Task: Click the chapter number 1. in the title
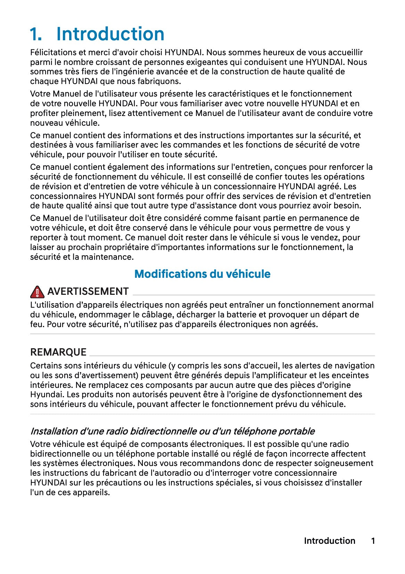(x=36, y=34)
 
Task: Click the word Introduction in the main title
(x=110, y=34)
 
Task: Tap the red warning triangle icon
(x=37, y=292)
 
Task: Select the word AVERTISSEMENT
(x=88, y=291)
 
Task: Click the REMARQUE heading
(x=58, y=352)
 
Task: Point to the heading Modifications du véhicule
(x=202, y=274)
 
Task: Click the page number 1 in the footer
(x=373, y=541)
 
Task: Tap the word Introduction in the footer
(x=329, y=541)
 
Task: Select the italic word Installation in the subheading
(x=54, y=431)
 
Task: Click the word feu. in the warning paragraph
(x=37, y=324)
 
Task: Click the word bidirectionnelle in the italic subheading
(x=163, y=431)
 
